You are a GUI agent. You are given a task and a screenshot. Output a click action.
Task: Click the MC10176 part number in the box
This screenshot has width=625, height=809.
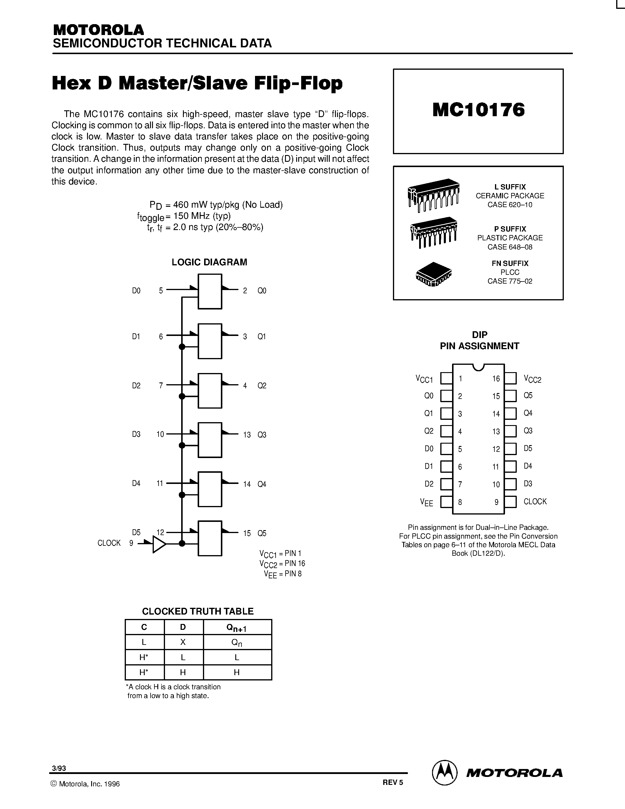[478, 110]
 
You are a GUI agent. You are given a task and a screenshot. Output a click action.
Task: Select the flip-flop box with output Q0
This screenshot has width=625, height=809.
[210, 292]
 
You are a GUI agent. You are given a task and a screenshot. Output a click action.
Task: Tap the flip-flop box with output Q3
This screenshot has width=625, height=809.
[210, 440]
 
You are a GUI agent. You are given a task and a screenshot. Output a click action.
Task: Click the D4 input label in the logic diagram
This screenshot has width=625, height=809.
[136, 483]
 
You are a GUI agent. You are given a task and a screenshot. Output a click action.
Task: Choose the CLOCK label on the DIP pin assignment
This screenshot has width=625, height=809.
[535, 502]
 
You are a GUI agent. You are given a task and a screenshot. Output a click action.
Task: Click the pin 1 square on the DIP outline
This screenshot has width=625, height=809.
[446, 379]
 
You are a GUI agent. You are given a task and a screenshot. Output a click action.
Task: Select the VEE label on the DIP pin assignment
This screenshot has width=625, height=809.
[426, 502]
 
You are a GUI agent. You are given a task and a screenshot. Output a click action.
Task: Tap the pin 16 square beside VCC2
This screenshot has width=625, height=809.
[510, 379]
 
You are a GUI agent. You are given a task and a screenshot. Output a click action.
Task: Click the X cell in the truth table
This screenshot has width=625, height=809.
[183, 642]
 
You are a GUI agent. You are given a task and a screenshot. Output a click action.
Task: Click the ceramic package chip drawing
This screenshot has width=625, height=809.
[433, 195]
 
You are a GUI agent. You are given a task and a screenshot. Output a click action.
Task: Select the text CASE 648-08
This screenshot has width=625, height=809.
[510, 247]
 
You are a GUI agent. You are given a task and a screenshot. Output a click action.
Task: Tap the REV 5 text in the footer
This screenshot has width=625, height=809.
[393, 783]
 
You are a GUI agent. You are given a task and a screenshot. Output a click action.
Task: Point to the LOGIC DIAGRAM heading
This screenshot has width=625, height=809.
[209, 262]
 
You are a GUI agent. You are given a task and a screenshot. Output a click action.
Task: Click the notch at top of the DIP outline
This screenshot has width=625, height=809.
[478, 367]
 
